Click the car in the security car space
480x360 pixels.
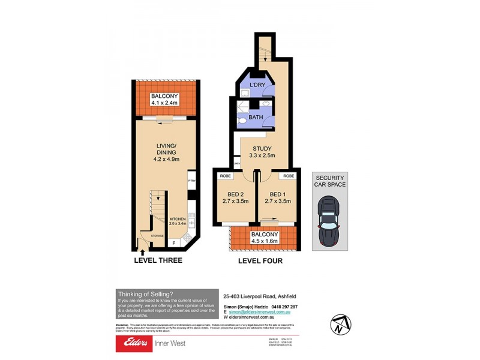pyautogui.click(x=329, y=221)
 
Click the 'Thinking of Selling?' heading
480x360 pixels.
pyautogui.click(x=145, y=293)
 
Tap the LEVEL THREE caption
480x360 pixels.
pyautogui.click(x=158, y=261)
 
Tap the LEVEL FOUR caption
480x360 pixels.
pyautogui.click(x=260, y=261)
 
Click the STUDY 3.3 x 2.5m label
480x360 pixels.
pyautogui.click(x=262, y=152)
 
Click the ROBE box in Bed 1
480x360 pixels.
pyautogui.click(x=289, y=176)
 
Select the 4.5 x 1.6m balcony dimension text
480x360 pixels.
pyautogui.click(x=265, y=241)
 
